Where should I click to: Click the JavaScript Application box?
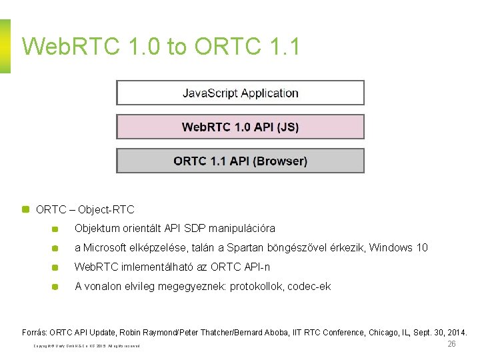click(x=240, y=93)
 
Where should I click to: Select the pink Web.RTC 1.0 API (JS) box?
click(x=240, y=127)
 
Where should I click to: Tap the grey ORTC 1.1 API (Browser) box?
click(x=240, y=161)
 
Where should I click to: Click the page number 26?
click(x=451, y=344)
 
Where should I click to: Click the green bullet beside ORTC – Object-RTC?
click(x=26, y=209)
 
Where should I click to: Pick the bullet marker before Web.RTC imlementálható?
click(x=55, y=267)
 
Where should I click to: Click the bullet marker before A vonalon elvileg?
click(x=55, y=287)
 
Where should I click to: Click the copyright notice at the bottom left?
click(x=87, y=346)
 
